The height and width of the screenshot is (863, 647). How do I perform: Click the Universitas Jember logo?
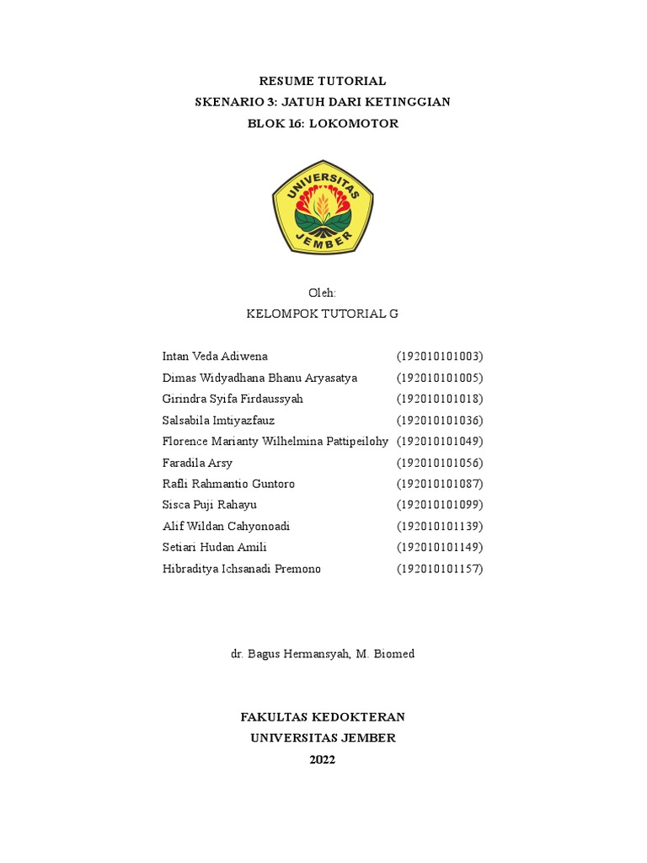[x=323, y=206]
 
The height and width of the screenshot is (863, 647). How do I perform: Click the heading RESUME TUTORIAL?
[x=323, y=81]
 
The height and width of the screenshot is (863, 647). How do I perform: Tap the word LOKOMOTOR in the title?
[x=354, y=123]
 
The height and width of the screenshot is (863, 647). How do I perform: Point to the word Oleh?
[x=323, y=292]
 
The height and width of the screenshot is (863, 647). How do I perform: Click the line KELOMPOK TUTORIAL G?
[x=323, y=314]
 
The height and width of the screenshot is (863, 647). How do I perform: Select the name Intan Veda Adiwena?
[x=215, y=356]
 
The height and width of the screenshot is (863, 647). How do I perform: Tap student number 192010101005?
[x=440, y=378]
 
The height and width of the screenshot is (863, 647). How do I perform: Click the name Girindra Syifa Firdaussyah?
[x=233, y=399]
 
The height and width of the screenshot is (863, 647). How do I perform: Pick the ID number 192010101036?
[x=440, y=420]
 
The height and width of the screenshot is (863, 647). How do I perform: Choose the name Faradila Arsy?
[x=197, y=463]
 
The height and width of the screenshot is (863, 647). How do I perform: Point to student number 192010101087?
[x=440, y=484]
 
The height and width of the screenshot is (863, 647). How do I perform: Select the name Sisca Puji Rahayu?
[x=210, y=505]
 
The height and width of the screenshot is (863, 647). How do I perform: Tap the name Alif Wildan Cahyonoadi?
[x=226, y=526]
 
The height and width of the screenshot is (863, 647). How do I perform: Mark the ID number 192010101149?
[x=440, y=547]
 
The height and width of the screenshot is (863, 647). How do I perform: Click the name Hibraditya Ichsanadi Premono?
[x=242, y=569]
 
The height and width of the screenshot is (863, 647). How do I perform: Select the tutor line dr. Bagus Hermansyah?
[x=323, y=653]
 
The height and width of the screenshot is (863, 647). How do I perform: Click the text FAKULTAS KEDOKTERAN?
[x=323, y=717]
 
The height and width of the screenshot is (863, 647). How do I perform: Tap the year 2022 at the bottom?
[x=323, y=759]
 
